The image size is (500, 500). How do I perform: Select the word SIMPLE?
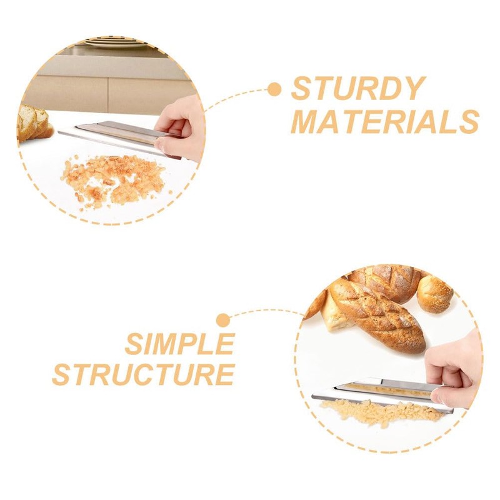pos(179,344)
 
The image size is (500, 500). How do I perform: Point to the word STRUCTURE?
pos(143,375)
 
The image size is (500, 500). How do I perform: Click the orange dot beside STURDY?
pos(274,89)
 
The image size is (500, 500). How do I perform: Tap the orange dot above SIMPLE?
pos(222,321)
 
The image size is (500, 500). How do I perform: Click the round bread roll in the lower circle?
pos(435,294)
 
